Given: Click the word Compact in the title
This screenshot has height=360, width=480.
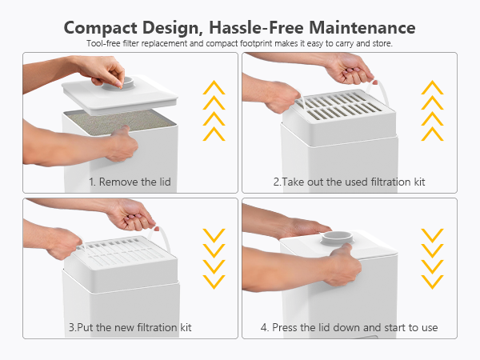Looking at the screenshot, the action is pos(101,28).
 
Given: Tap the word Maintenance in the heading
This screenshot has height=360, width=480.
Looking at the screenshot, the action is pos(362,27).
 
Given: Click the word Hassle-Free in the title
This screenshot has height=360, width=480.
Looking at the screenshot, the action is pos(256,27).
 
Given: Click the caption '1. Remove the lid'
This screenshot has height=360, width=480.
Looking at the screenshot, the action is pos(130,182).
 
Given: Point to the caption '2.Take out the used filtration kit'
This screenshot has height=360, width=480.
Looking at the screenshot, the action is pos(349,182).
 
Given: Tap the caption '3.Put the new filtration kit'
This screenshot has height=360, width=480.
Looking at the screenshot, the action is pos(130,327).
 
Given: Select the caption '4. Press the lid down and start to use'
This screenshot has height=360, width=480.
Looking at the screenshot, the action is pos(349,327).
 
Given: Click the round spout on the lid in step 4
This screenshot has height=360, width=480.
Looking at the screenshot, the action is pos(338,238).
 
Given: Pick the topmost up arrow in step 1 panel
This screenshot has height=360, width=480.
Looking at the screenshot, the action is pos(214,87).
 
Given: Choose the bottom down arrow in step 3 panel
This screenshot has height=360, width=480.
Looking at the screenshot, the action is pos(214,282).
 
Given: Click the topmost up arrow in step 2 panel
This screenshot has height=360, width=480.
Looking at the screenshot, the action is pos(432,87).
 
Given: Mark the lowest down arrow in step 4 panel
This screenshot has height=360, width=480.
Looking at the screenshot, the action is pos(432,282).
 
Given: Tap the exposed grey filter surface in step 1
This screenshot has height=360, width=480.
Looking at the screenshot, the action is pos(119,122).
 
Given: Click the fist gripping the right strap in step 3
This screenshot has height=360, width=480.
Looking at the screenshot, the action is pos(132,217).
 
